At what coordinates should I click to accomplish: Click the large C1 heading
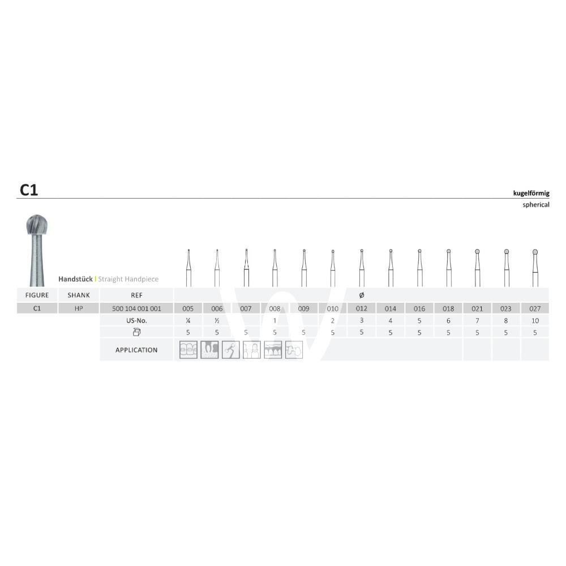[x=29, y=190]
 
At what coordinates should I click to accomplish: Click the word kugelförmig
[x=531, y=193]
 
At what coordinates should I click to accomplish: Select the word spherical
[x=535, y=205]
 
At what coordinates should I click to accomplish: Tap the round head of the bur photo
[x=37, y=225]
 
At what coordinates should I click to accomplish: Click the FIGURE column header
[x=37, y=295]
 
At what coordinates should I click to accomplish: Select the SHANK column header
[x=79, y=295]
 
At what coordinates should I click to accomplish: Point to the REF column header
[x=136, y=295]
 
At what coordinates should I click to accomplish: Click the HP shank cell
[x=79, y=308]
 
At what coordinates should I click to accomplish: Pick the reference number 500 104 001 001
[x=136, y=308]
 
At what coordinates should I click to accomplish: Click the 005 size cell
[x=188, y=308]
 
